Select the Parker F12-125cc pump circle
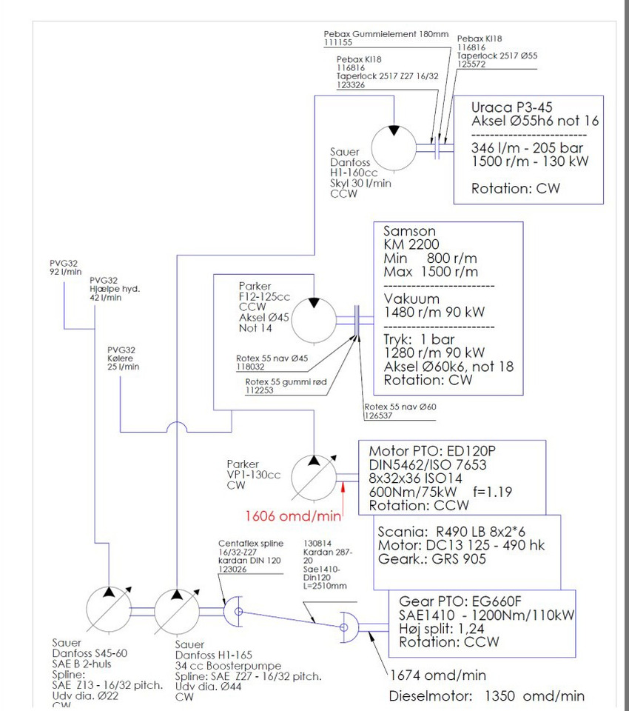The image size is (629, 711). (x=314, y=318)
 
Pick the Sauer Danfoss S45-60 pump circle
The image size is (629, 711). (x=110, y=610)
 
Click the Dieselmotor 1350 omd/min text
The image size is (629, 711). (x=486, y=696)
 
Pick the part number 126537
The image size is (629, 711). (x=378, y=415)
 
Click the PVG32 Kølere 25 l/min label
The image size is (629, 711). (x=123, y=358)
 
